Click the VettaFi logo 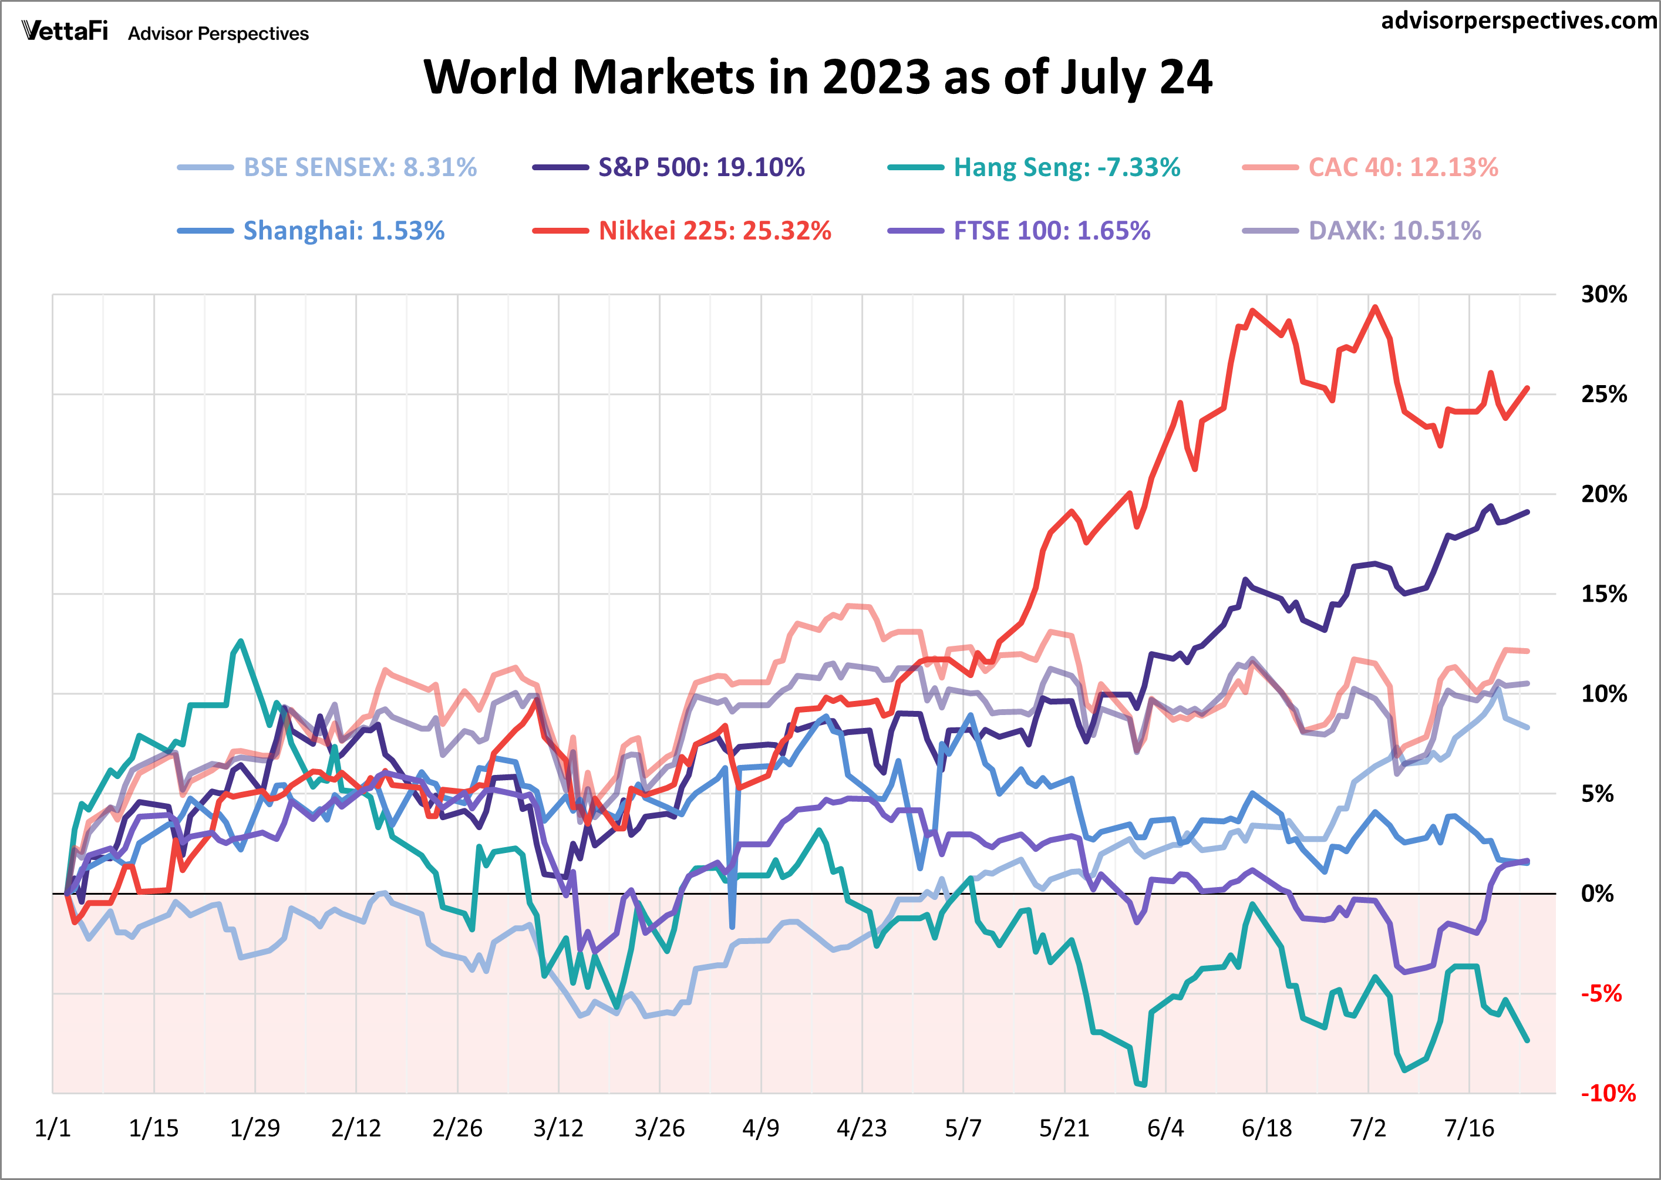point(65,31)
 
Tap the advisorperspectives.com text point(1518,21)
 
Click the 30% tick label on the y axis point(1603,294)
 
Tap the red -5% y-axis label point(1601,993)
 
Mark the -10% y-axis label point(1607,1093)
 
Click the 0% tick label point(1597,893)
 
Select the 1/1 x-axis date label point(52,1128)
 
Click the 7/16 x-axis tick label point(1468,1128)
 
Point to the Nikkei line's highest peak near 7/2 point(1374,308)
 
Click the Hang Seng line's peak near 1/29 point(241,641)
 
